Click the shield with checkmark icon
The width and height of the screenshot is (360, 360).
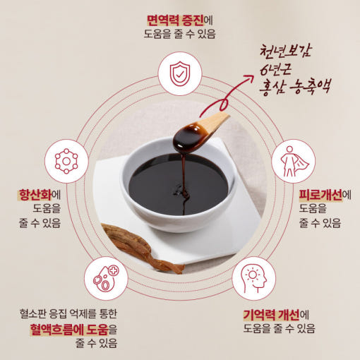(180, 73)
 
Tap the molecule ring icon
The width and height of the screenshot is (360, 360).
(66, 161)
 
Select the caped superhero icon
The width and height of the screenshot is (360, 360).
(294, 162)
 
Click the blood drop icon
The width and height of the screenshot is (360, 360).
(106, 278)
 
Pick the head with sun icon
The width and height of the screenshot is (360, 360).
(253, 279)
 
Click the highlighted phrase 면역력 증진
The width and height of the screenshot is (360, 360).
(175, 20)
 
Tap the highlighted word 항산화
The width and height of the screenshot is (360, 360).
(35, 195)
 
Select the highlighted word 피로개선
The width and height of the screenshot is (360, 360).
(320, 195)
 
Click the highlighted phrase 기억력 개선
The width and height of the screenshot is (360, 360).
(271, 315)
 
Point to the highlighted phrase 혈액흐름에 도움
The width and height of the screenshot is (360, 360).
(69, 330)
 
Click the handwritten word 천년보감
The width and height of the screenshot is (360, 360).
(285, 51)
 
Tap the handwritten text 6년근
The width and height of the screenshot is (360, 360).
(275, 69)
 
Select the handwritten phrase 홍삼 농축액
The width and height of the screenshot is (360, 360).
(294, 87)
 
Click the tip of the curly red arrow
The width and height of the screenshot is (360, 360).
(253, 76)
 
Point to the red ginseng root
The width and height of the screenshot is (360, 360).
(141, 248)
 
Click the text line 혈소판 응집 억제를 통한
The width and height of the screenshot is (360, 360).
(68, 313)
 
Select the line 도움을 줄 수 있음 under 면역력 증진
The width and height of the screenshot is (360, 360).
(180, 34)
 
